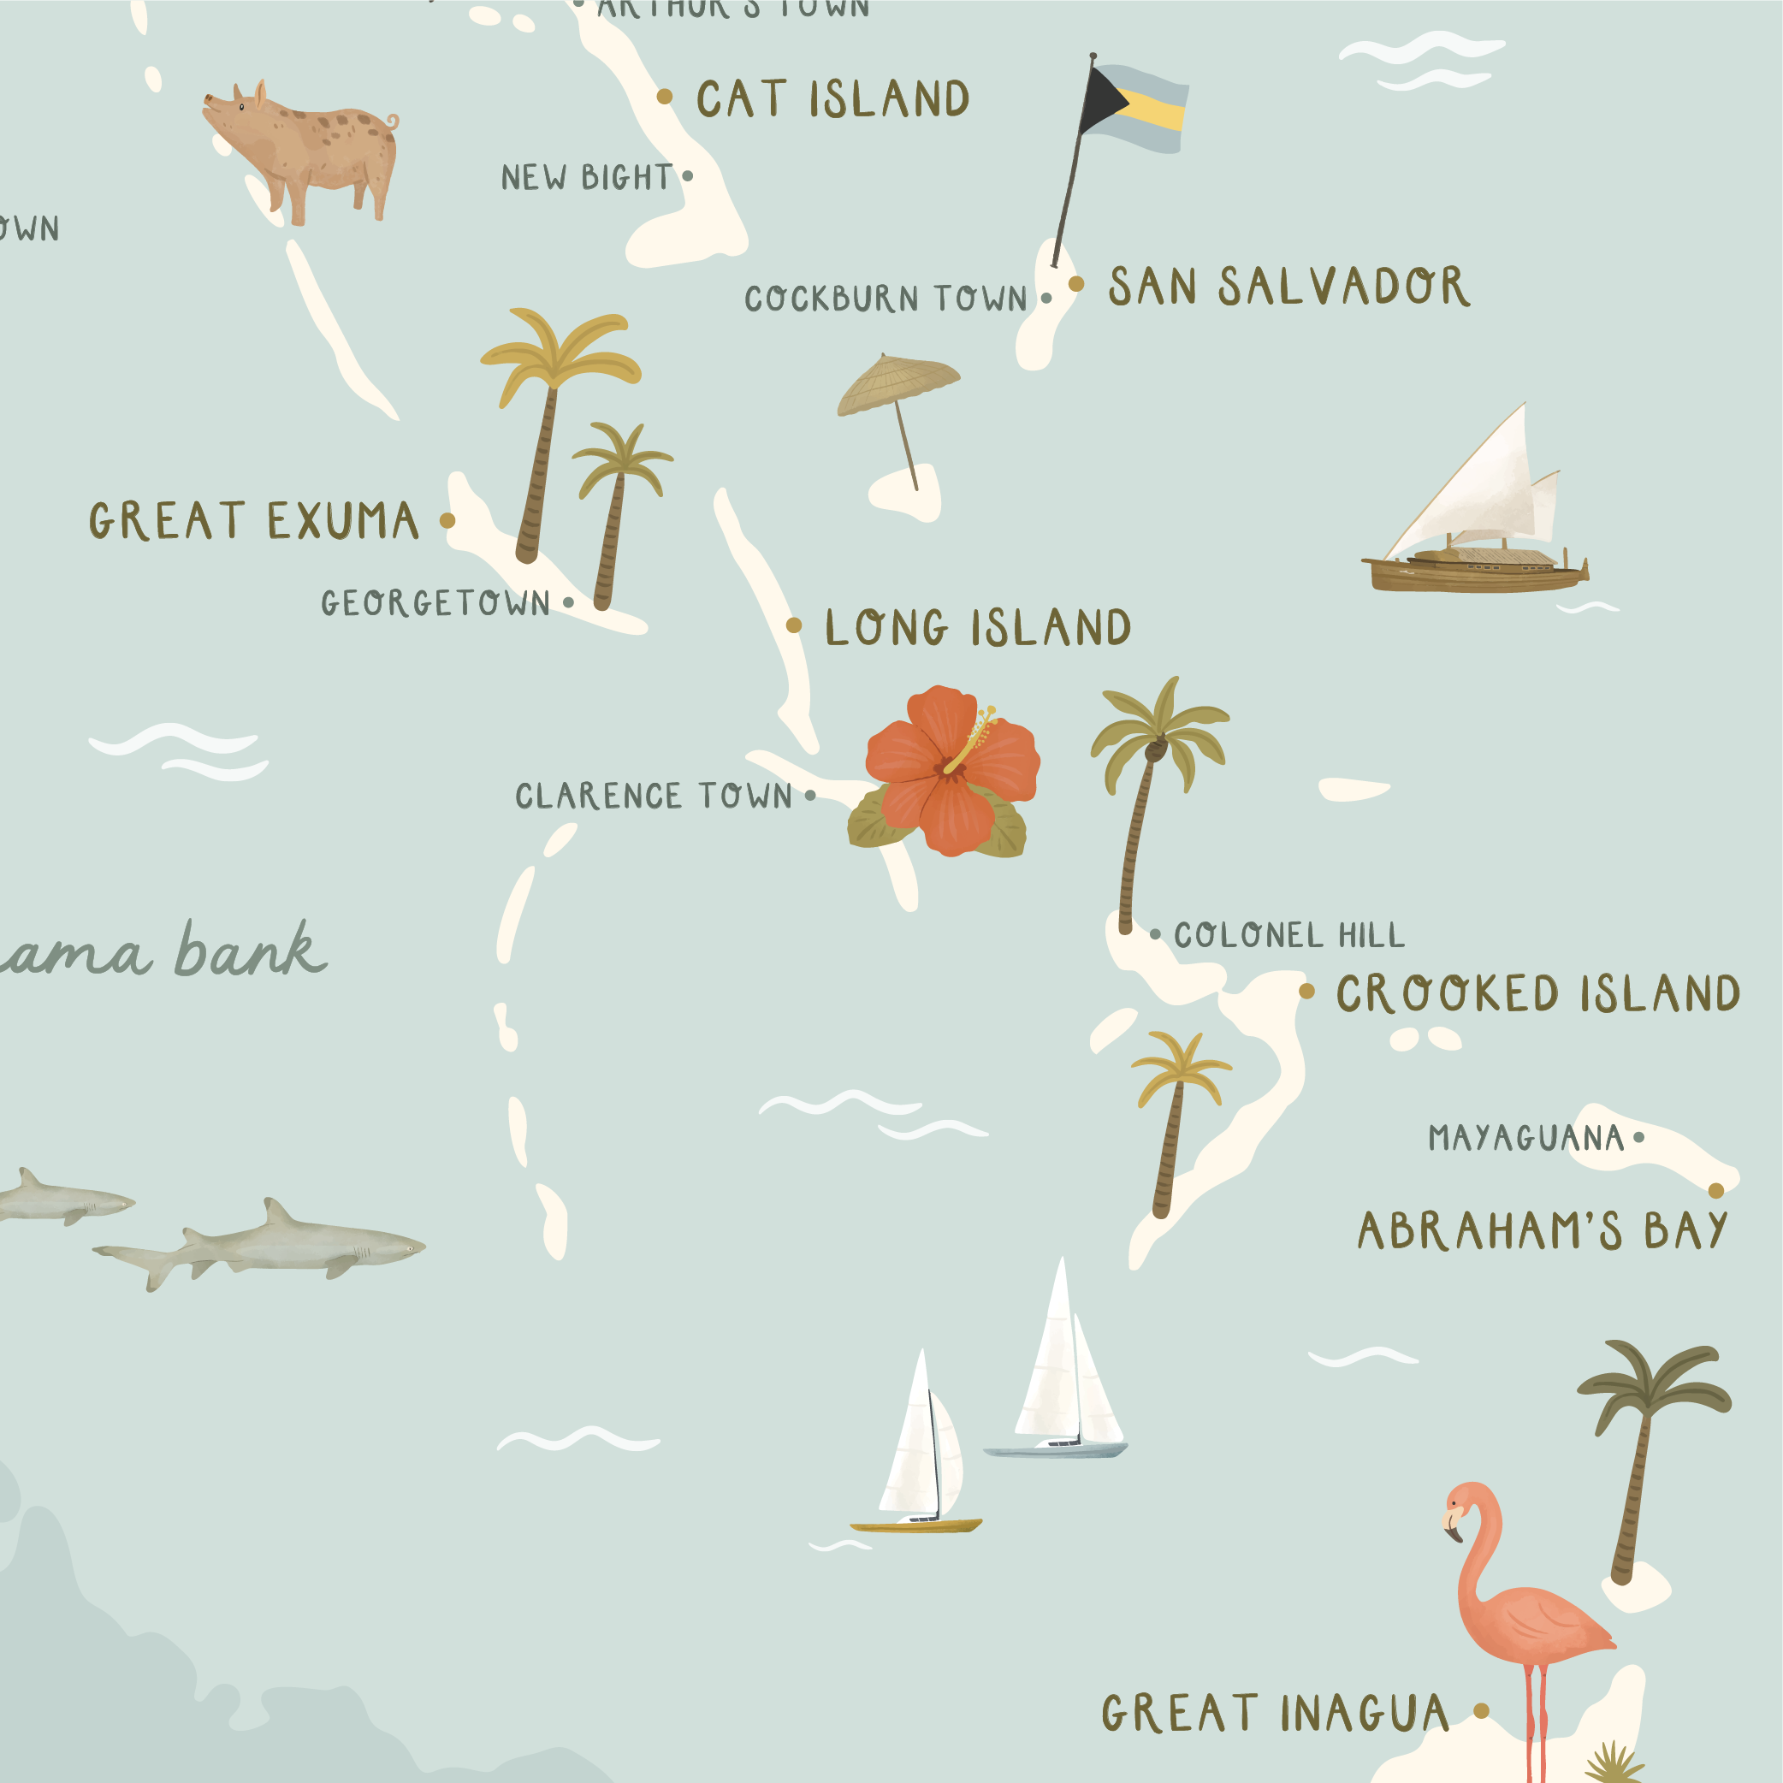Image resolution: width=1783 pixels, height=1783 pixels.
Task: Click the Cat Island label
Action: point(832,98)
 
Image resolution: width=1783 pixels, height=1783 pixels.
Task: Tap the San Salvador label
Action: point(1288,286)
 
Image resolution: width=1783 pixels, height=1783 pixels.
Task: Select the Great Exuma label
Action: point(254,520)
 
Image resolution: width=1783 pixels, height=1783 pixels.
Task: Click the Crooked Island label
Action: point(1538,993)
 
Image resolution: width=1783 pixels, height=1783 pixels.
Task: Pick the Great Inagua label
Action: point(1276,1714)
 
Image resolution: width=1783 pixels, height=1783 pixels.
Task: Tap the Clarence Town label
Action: point(654,797)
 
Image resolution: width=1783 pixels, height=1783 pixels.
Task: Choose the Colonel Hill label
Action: point(1289,935)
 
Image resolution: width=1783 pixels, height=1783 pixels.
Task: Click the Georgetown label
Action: point(435,603)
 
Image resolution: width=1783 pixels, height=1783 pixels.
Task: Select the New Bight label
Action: point(587,177)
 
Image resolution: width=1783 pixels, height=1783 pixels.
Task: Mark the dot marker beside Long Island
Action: point(794,625)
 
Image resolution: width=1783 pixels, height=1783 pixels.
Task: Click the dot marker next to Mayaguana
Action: point(1639,1137)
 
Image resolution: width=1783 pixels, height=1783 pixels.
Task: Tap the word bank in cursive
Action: point(249,951)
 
